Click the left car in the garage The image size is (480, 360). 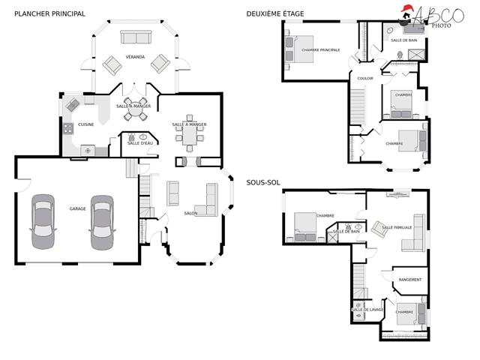(x=42, y=222)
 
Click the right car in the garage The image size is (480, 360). (x=101, y=222)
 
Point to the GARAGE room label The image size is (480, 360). (x=77, y=208)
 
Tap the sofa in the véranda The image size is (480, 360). (x=136, y=37)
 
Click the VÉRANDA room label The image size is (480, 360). (x=135, y=57)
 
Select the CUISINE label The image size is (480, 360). (x=86, y=124)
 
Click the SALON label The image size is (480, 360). (x=190, y=213)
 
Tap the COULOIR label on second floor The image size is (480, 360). (x=365, y=78)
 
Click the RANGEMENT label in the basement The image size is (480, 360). (x=410, y=280)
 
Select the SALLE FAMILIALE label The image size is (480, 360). (x=397, y=226)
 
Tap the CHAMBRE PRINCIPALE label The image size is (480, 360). (x=320, y=50)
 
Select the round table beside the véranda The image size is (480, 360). (x=136, y=105)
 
